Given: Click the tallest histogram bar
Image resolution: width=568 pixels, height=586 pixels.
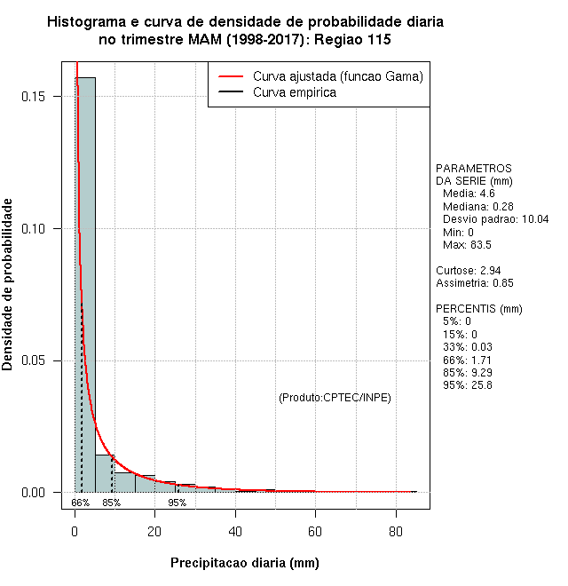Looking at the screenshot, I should (85, 284).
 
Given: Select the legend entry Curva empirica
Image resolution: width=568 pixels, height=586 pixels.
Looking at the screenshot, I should (294, 92).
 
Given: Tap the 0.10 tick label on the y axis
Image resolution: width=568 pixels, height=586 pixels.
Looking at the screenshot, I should (41, 228).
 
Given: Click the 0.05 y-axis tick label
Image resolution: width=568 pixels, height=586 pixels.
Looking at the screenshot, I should (41, 360).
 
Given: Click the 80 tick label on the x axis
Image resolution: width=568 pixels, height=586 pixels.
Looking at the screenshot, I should (395, 532).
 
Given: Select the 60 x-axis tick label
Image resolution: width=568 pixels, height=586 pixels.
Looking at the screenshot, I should (315, 532).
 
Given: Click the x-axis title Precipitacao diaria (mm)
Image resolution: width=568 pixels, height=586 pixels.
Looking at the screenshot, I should (244, 563).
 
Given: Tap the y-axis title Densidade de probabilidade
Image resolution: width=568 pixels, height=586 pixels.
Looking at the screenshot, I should (8, 285).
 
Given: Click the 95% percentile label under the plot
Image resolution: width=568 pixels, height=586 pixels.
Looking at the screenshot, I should (177, 503).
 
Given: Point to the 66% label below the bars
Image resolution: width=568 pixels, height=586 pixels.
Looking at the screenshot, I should (80, 503).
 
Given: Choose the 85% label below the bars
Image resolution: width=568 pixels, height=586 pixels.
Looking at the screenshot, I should (111, 503).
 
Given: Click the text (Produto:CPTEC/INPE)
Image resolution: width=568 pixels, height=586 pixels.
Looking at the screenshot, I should (335, 398).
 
